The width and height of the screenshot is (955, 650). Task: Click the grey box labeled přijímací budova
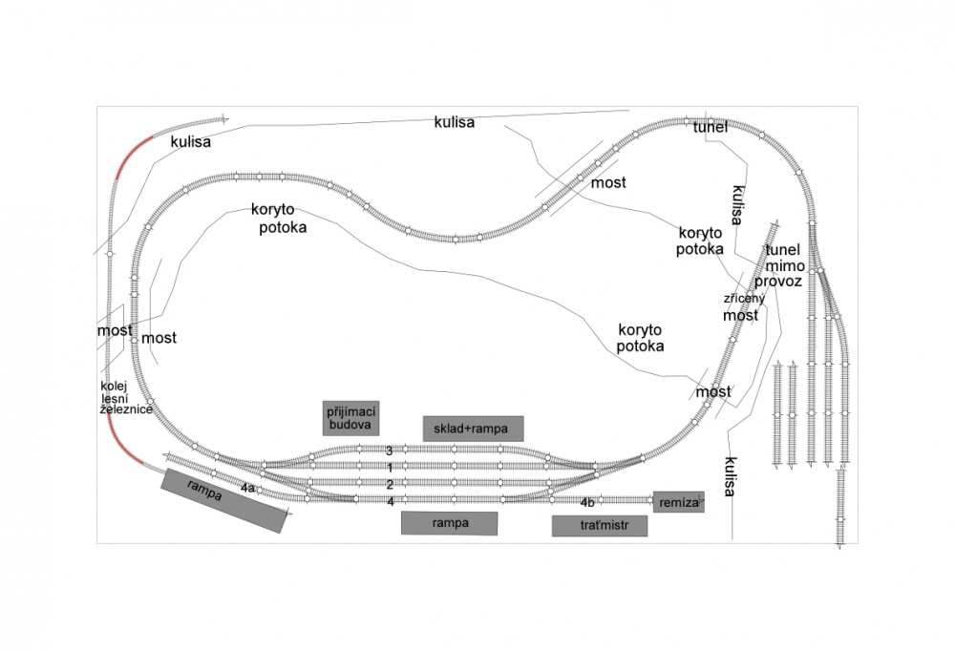click(x=350, y=417)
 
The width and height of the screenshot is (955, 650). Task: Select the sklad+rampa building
click(x=474, y=429)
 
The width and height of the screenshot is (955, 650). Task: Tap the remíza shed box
click(x=678, y=502)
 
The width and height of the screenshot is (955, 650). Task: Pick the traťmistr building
click(x=600, y=526)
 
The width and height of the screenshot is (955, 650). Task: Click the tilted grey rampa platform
click(x=224, y=500)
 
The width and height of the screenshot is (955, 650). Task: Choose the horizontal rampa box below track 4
click(x=450, y=523)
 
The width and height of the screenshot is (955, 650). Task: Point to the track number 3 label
click(x=390, y=451)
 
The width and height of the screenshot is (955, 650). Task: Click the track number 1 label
click(x=390, y=468)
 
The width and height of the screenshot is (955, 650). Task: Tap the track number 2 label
click(x=390, y=485)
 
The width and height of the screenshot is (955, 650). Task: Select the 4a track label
click(x=247, y=488)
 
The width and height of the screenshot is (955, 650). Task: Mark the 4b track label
click(x=587, y=503)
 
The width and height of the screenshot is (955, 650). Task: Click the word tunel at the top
click(x=711, y=127)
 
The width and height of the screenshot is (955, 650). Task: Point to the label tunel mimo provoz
click(x=779, y=266)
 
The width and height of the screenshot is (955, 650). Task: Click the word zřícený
click(x=744, y=299)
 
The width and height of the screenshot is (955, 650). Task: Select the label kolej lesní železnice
click(x=126, y=398)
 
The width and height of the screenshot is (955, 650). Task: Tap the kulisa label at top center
click(x=455, y=122)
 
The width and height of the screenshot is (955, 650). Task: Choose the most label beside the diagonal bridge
click(x=608, y=182)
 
